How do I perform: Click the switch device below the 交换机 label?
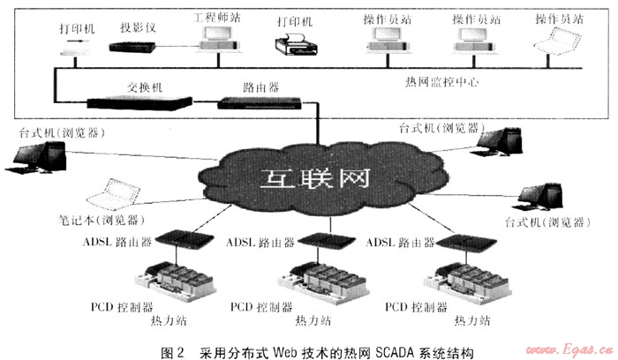point(137,102)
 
